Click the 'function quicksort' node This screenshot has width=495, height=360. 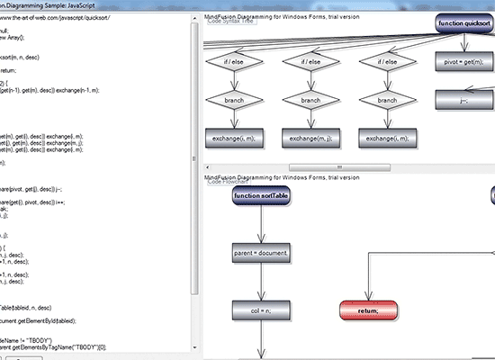(x=464, y=23)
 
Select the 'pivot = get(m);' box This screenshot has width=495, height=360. (x=466, y=64)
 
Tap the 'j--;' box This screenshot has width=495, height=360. (x=466, y=101)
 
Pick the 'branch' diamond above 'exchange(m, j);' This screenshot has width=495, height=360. (x=311, y=100)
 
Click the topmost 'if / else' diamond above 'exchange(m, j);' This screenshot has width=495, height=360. (x=311, y=62)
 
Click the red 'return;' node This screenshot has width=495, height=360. (x=367, y=310)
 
